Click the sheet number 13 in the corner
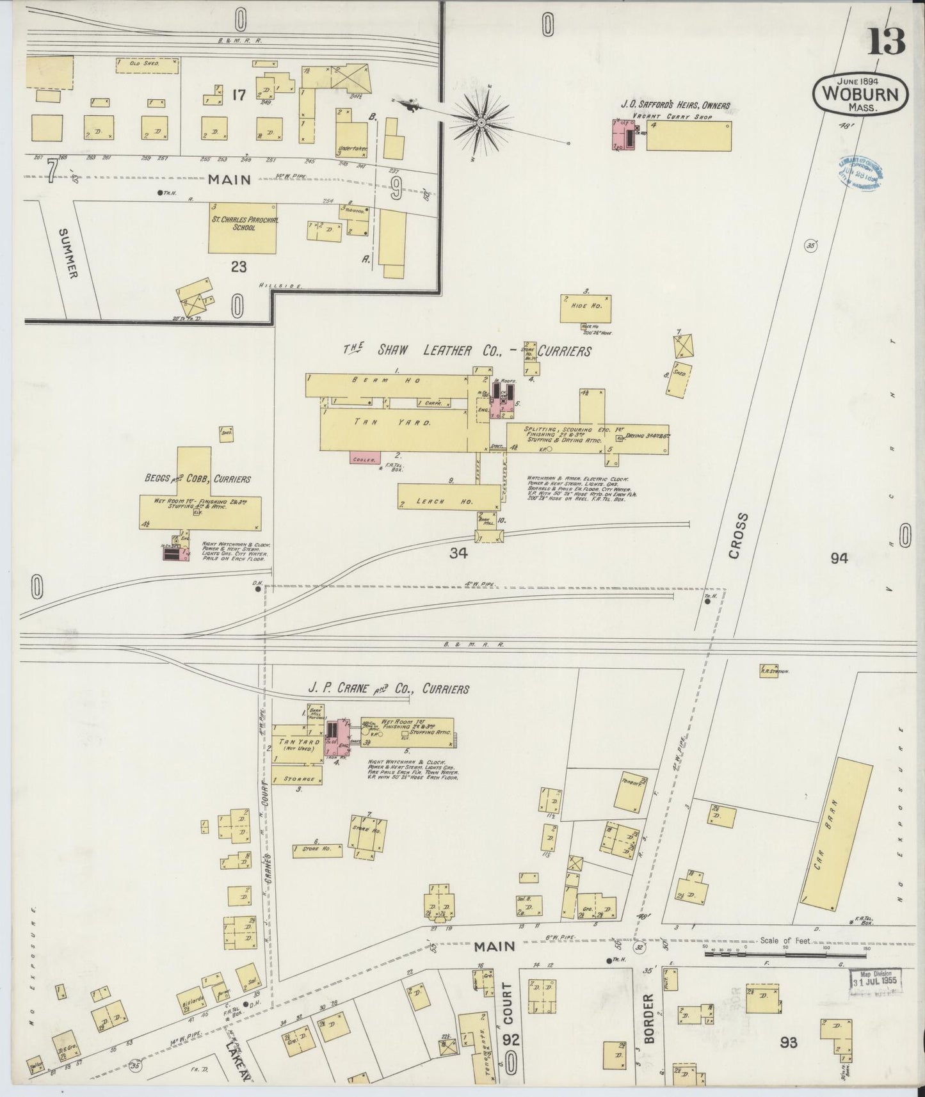coord(887,43)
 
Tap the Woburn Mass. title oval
coord(860,94)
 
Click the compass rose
coord(481,122)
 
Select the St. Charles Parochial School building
coord(243,228)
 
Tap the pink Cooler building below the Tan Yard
coord(365,458)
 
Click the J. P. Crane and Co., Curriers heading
coord(389,689)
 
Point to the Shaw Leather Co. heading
coord(467,351)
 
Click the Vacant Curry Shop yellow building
coord(688,136)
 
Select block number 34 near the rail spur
coord(458,553)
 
